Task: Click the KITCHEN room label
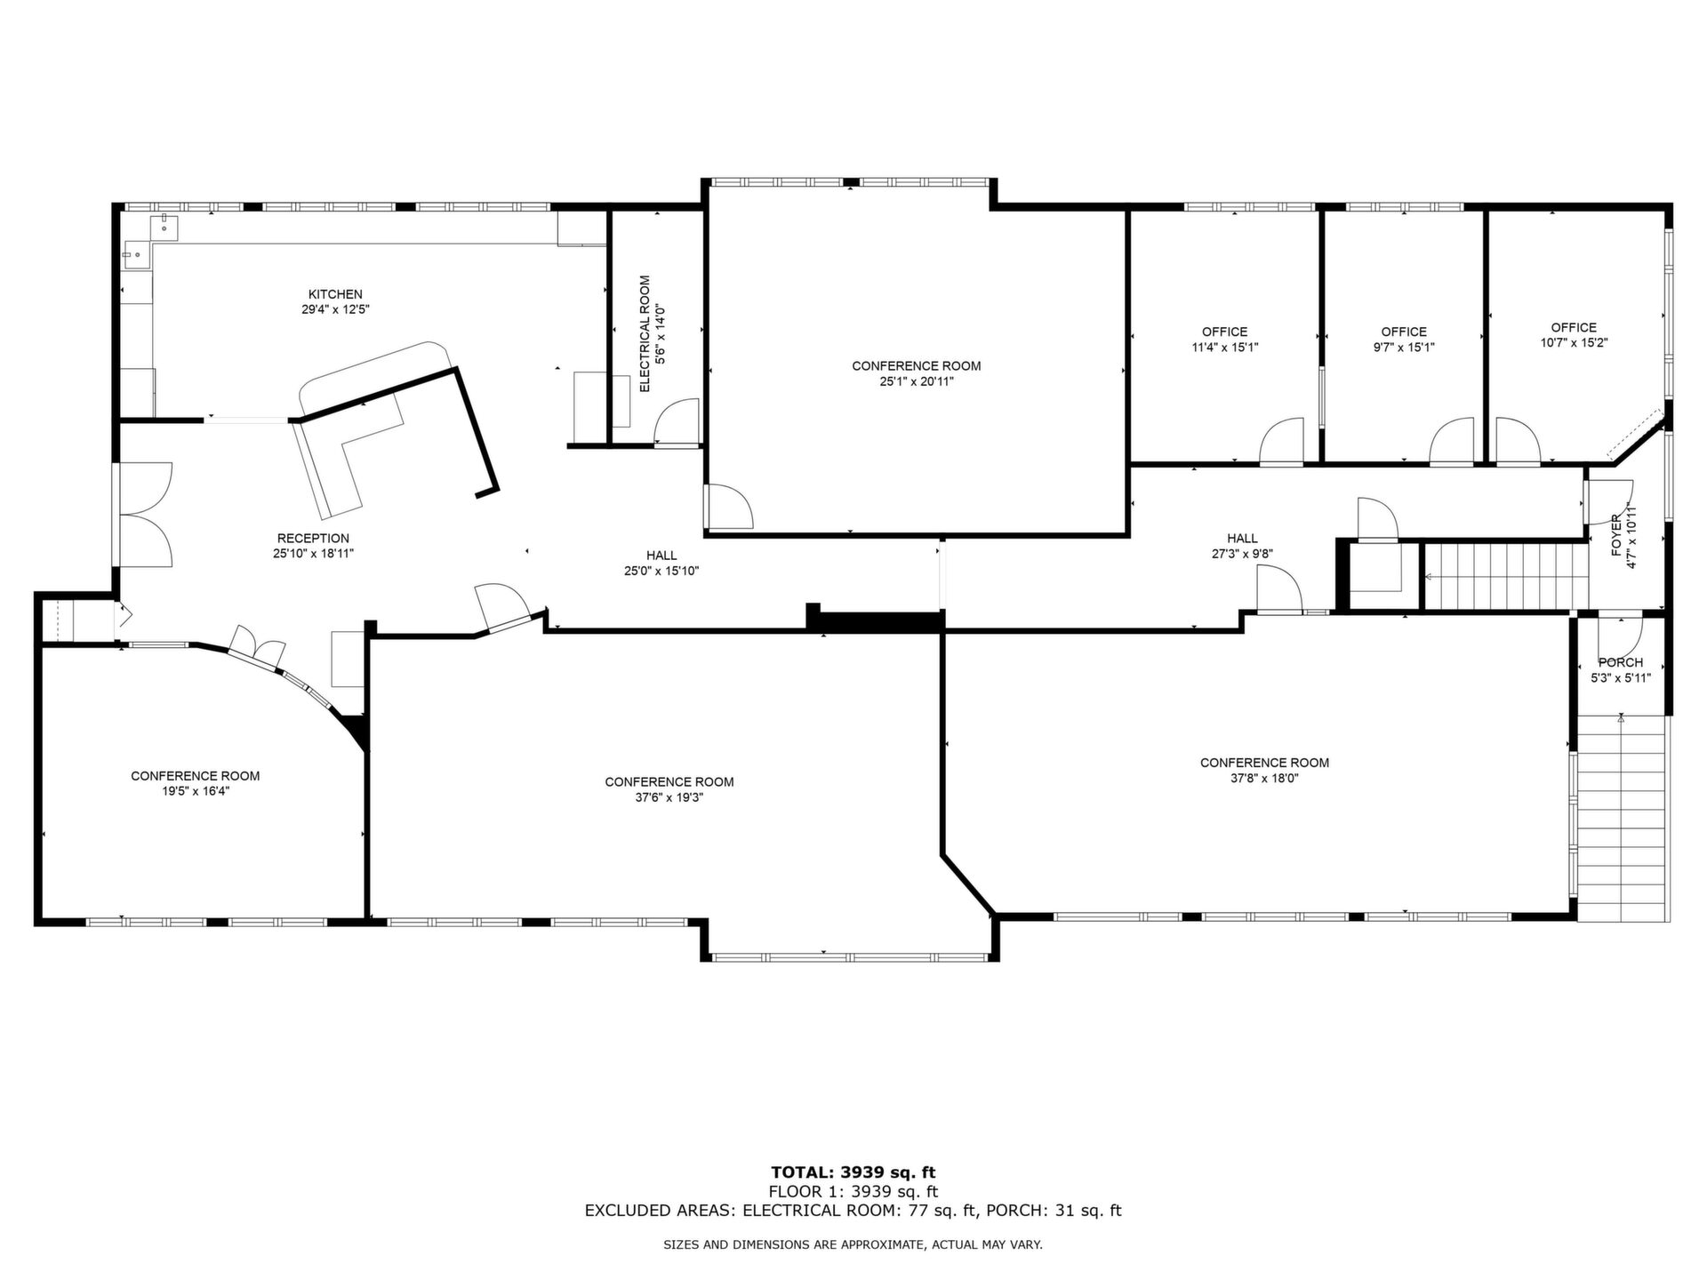coord(335,294)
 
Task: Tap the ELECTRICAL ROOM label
coord(645,333)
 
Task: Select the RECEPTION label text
coord(313,538)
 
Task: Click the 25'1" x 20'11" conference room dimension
coord(916,381)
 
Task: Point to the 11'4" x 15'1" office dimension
coord(1225,348)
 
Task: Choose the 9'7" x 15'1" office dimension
coord(1404,348)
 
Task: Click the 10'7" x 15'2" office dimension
coord(1574,342)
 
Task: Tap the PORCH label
coord(1621,662)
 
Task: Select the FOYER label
coord(1616,535)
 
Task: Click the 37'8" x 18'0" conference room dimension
coord(1264,778)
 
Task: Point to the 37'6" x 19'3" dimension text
coord(669,797)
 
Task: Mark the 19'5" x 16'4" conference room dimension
coord(196,791)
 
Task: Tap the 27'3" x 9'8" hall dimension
coord(1242,553)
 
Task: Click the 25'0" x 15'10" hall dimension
coord(661,571)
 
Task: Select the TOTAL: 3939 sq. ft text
coord(853,1172)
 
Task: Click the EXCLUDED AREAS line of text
coord(853,1211)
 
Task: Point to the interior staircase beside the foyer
coord(1505,576)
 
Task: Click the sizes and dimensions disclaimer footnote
coord(853,1245)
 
